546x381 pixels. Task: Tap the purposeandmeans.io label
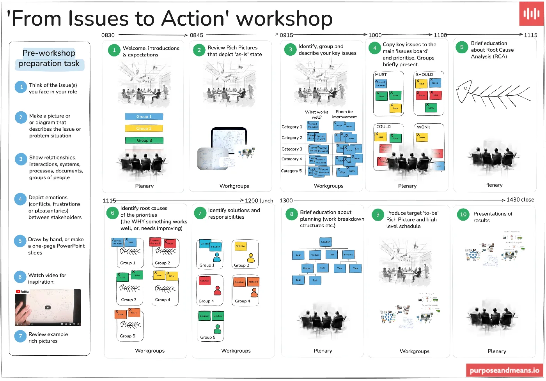504,370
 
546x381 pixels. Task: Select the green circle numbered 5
462,47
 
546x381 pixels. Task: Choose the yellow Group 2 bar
144,128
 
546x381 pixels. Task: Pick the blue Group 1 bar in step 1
144,117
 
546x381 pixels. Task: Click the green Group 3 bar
144,140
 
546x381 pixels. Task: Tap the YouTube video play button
48,307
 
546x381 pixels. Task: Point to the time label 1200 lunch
259,201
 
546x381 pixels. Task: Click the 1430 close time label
520,200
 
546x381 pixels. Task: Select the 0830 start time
108,35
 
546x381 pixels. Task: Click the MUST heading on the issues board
381,74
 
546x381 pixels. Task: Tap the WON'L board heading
424,127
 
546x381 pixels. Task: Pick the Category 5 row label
291,171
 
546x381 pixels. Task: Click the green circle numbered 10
463,214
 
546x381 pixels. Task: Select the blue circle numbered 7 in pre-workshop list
20,336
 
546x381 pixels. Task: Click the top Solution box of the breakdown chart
326,242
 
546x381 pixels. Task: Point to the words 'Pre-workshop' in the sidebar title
49,53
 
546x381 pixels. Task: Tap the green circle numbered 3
290,49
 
